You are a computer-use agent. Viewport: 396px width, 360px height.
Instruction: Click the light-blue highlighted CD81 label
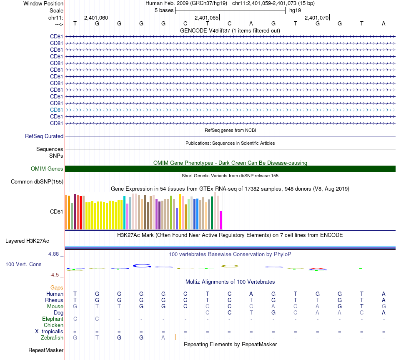click(x=57, y=110)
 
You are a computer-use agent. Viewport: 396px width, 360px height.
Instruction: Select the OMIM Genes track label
click(x=47, y=169)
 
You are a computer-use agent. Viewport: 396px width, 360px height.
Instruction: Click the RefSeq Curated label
click(x=44, y=136)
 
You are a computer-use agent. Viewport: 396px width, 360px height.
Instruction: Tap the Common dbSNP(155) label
click(x=37, y=182)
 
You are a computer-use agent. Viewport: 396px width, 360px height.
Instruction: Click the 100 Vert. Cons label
click(x=23, y=264)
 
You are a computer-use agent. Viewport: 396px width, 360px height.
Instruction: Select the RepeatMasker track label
click(x=46, y=350)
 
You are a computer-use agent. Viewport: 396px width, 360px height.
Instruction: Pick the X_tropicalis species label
click(x=49, y=331)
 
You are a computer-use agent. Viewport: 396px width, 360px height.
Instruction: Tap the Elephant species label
click(x=53, y=319)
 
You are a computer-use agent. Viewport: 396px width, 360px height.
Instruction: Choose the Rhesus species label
click(x=54, y=300)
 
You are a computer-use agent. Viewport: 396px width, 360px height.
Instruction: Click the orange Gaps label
click(x=57, y=287)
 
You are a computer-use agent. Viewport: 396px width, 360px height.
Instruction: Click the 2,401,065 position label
click(x=206, y=18)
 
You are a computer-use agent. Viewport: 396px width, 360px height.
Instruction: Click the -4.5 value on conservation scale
click(x=56, y=275)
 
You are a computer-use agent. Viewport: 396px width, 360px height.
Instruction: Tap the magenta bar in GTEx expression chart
click(x=221, y=220)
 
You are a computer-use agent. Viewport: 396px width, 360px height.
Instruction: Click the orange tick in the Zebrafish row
click(x=175, y=337)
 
